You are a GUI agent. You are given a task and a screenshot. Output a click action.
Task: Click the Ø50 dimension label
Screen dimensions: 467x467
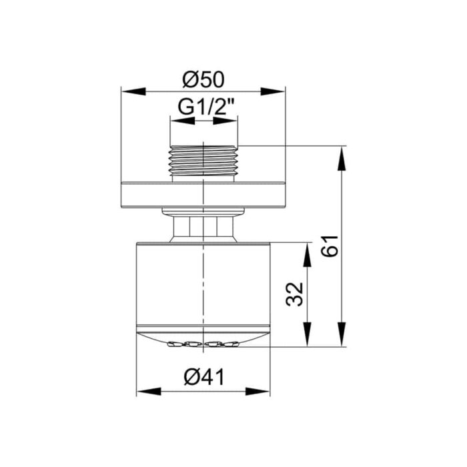coord(203,79)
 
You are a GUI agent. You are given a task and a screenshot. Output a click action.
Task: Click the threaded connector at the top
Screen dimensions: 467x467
coord(203,161)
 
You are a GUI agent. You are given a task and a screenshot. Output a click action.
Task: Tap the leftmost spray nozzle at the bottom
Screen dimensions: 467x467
coord(175,344)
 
